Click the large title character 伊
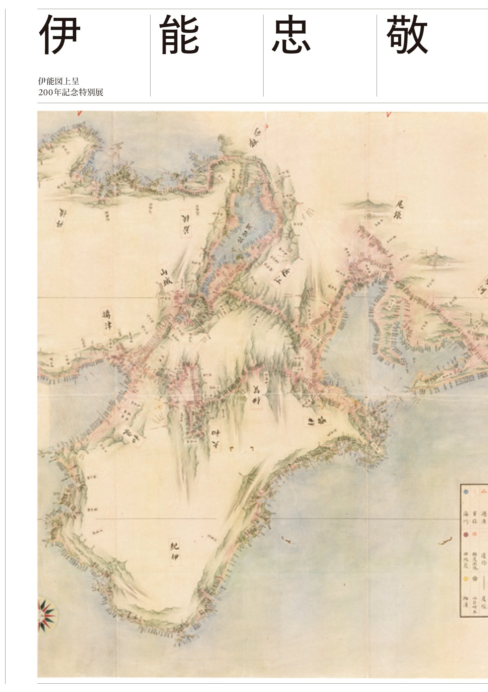click(60, 35)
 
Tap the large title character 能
click(179, 35)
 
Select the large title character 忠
click(291, 35)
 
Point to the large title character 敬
click(407, 35)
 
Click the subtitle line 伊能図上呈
click(58, 81)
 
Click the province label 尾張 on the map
click(399, 209)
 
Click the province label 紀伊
click(174, 551)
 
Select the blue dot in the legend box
click(466, 492)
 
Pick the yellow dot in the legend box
click(466, 579)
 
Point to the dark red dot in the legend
click(466, 535)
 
